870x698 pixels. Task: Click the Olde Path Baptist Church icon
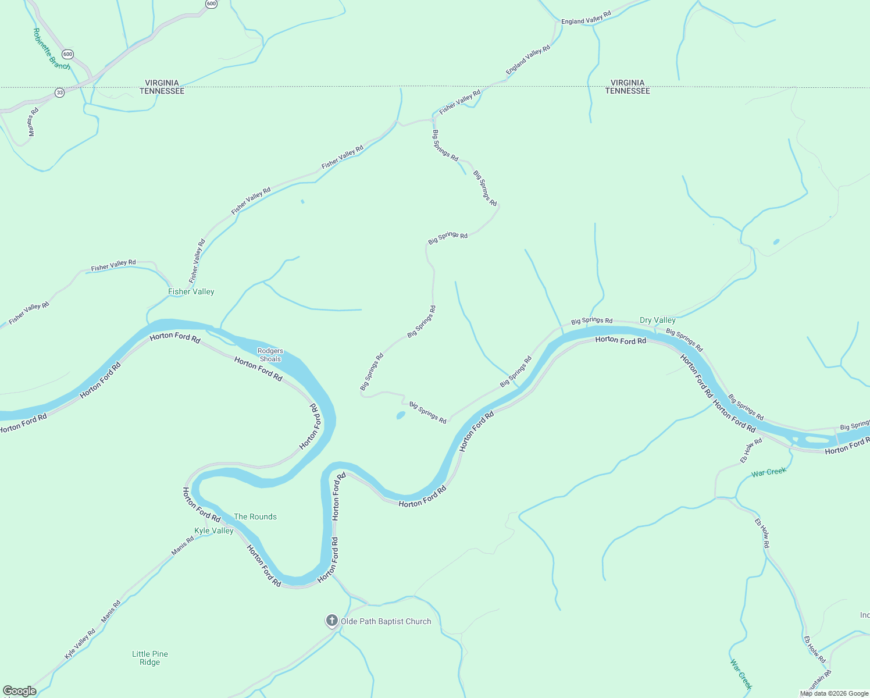[331, 621]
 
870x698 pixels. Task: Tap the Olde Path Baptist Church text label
[386, 622]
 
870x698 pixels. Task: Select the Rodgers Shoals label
[270, 355]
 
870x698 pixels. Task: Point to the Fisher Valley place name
[191, 291]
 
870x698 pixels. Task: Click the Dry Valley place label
[658, 320]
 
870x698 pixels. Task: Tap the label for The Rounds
[255, 517]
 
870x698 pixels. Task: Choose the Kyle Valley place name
[214, 530]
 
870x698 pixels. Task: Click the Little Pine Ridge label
[150, 658]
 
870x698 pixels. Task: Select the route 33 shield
[60, 92]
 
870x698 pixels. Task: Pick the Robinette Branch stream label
[52, 49]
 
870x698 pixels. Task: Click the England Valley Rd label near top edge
[586, 18]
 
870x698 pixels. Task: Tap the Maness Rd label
[33, 122]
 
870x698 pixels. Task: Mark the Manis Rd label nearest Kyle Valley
[183, 546]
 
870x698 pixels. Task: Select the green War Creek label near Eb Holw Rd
[768, 472]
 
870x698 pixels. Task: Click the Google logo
[20, 691]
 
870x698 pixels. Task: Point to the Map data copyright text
[834, 693]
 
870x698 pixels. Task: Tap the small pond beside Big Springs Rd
[401, 415]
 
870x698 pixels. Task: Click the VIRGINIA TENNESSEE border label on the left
[162, 87]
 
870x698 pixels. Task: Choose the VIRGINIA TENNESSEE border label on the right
[627, 87]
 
